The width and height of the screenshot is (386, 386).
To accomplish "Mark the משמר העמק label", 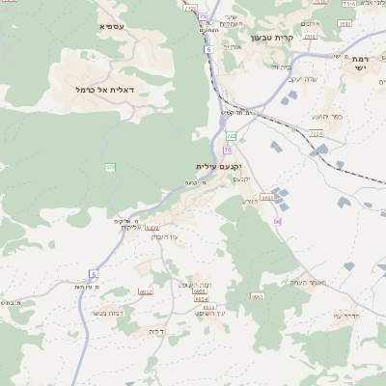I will (309, 282).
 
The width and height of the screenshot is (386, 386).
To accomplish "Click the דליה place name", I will (156, 331).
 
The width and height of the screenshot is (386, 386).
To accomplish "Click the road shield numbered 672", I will (111, 168).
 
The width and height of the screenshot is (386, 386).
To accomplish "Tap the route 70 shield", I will (228, 150).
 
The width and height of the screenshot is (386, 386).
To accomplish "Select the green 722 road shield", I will (232, 136).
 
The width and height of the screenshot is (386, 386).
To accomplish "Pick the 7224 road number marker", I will (317, 133).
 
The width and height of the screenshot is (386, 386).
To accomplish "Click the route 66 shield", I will (277, 221).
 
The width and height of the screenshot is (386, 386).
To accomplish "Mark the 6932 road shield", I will (152, 228).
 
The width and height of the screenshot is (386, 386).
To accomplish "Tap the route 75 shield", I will (203, 16).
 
